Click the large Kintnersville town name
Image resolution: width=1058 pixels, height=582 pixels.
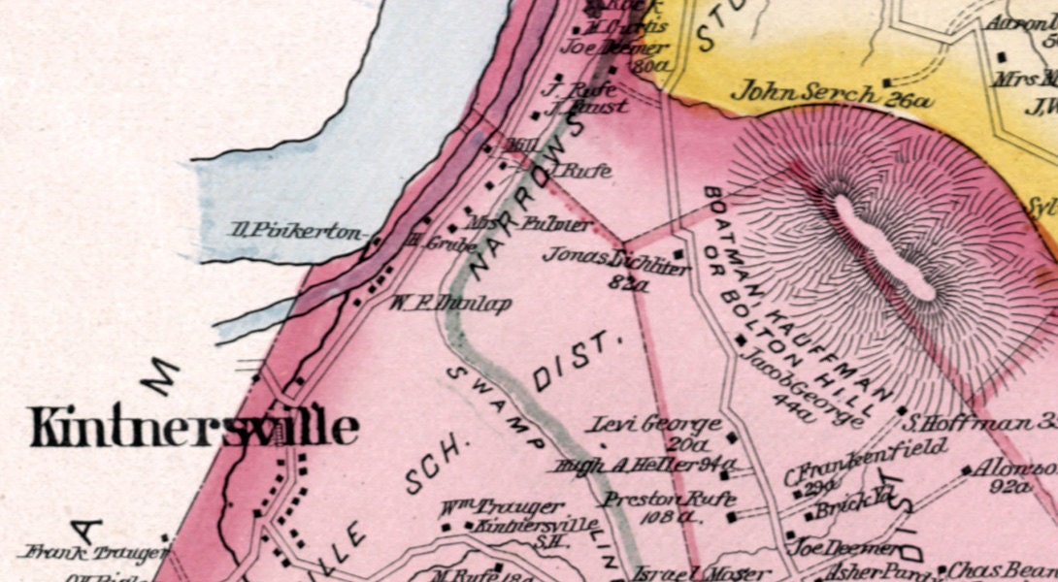194,427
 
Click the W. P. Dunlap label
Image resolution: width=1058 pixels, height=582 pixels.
450,303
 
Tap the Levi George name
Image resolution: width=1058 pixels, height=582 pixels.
656,425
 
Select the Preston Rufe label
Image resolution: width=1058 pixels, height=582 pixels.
656,500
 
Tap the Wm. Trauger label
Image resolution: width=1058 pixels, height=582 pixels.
501,507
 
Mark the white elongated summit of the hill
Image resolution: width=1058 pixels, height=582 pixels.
884,247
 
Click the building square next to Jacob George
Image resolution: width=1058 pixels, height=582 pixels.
741,340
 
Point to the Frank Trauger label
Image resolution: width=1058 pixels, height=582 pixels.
92,554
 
